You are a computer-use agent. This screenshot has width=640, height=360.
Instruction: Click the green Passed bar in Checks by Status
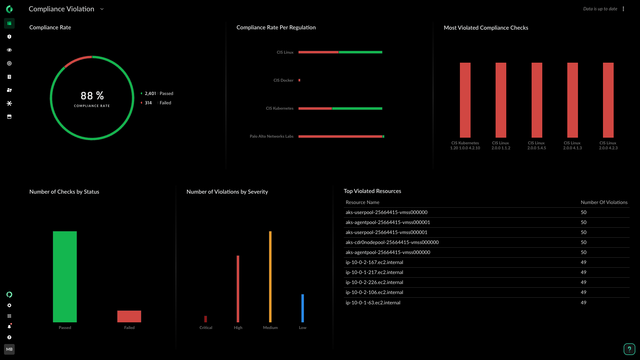coord(65,277)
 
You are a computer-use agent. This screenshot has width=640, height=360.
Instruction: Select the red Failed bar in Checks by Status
coord(129,316)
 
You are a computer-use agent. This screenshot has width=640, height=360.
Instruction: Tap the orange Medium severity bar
coord(270,277)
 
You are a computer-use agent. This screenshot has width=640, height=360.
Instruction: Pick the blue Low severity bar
coord(302,308)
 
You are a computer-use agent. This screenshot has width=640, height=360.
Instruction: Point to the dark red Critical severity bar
coord(205,319)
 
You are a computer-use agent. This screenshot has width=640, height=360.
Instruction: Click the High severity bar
coord(238,289)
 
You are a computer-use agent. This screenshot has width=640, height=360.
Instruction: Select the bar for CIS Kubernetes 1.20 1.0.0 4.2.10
coord(465,100)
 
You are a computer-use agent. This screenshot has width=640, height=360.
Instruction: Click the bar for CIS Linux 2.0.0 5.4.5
coord(537,100)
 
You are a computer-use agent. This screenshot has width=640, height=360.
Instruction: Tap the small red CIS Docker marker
coord(299,80)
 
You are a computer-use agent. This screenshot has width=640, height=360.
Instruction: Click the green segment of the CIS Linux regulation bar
coord(360,52)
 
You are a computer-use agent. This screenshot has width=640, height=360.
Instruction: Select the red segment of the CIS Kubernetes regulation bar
coord(315,109)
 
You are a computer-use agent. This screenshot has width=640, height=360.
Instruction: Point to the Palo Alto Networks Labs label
coord(271,136)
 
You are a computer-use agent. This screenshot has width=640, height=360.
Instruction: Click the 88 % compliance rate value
coord(92,96)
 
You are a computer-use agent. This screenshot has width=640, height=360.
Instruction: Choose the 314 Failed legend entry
coord(156,103)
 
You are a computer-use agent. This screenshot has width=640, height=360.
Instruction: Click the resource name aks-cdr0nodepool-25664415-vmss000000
coord(392,242)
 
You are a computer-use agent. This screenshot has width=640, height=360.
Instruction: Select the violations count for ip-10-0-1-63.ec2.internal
coord(583,303)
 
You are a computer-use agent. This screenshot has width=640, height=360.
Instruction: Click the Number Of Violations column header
coord(604,202)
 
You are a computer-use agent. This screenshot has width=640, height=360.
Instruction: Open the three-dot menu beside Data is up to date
coord(623,9)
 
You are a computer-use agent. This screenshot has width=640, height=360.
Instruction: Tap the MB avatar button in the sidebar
coord(9,349)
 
